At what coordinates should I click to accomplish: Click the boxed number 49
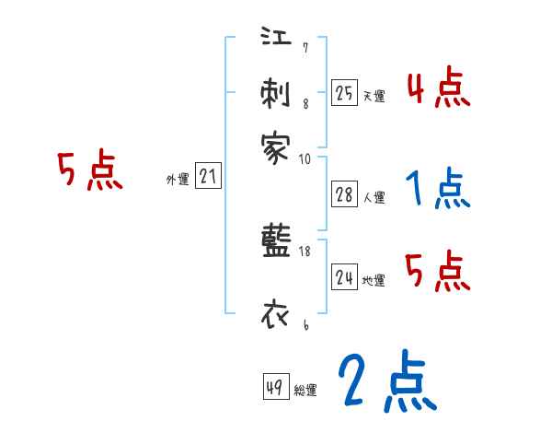[276, 387]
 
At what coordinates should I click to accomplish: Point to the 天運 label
[374, 96]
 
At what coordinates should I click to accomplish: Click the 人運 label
[374, 197]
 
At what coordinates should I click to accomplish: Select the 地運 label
[374, 280]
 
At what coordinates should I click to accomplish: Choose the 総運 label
[305, 391]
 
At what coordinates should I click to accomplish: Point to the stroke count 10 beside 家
[305, 158]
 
